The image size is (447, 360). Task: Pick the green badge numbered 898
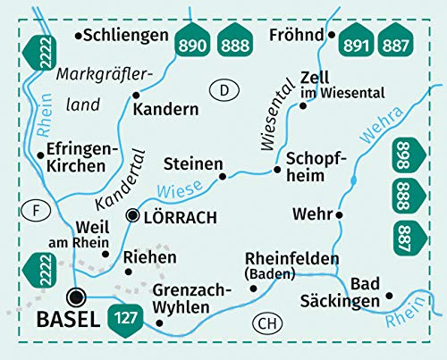404,157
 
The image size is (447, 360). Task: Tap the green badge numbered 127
125,316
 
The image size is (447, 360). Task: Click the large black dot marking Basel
78,297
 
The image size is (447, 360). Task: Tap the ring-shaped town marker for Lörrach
133,215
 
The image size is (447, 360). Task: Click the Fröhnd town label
295,36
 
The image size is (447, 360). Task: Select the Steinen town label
192,163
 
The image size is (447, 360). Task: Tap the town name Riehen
148,257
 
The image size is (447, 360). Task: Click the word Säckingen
352,302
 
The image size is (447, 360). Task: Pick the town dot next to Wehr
340,214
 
